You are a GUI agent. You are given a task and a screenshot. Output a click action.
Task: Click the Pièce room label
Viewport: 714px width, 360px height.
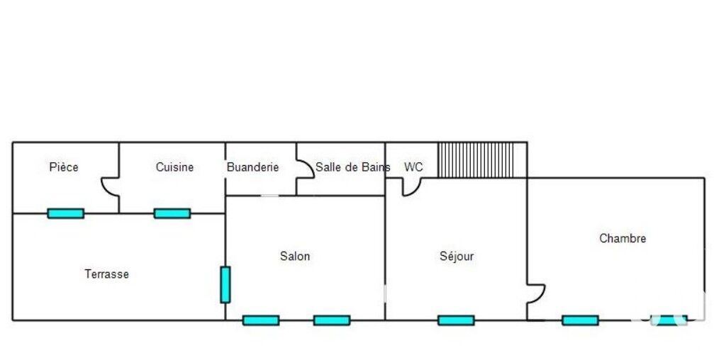click(x=64, y=167)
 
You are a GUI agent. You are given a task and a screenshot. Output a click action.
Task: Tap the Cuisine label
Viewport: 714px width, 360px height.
click(x=174, y=167)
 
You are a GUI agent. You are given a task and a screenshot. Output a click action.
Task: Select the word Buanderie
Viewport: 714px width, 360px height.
click(x=252, y=167)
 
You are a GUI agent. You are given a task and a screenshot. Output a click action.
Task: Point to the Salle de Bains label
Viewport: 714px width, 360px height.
click(x=352, y=167)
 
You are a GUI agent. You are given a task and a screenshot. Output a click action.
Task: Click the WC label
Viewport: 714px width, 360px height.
click(x=413, y=167)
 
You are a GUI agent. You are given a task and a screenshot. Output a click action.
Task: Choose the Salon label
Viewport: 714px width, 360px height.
click(x=295, y=256)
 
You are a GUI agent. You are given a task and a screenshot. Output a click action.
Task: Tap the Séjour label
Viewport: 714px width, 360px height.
click(x=457, y=256)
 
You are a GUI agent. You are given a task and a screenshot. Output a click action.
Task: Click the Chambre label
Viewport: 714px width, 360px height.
click(x=623, y=238)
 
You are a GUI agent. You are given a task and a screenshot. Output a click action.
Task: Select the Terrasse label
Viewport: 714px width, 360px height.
click(x=106, y=274)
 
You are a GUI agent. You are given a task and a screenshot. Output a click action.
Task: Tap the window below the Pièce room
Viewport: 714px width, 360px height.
click(x=66, y=213)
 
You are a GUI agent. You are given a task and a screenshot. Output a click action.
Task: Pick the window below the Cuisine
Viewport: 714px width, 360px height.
click(x=172, y=213)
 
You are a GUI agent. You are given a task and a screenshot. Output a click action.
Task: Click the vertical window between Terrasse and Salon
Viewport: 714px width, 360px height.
click(x=225, y=284)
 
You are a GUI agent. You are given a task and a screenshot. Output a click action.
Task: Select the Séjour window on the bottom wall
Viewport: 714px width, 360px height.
click(x=456, y=320)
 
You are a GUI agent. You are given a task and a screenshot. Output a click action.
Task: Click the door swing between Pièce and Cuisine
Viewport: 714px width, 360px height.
click(x=110, y=187)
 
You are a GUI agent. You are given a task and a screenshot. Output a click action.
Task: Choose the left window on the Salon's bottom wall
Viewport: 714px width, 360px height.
click(x=261, y=320)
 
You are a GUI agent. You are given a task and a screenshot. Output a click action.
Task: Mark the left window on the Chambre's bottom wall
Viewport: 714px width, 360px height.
click(x=580, y=320)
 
